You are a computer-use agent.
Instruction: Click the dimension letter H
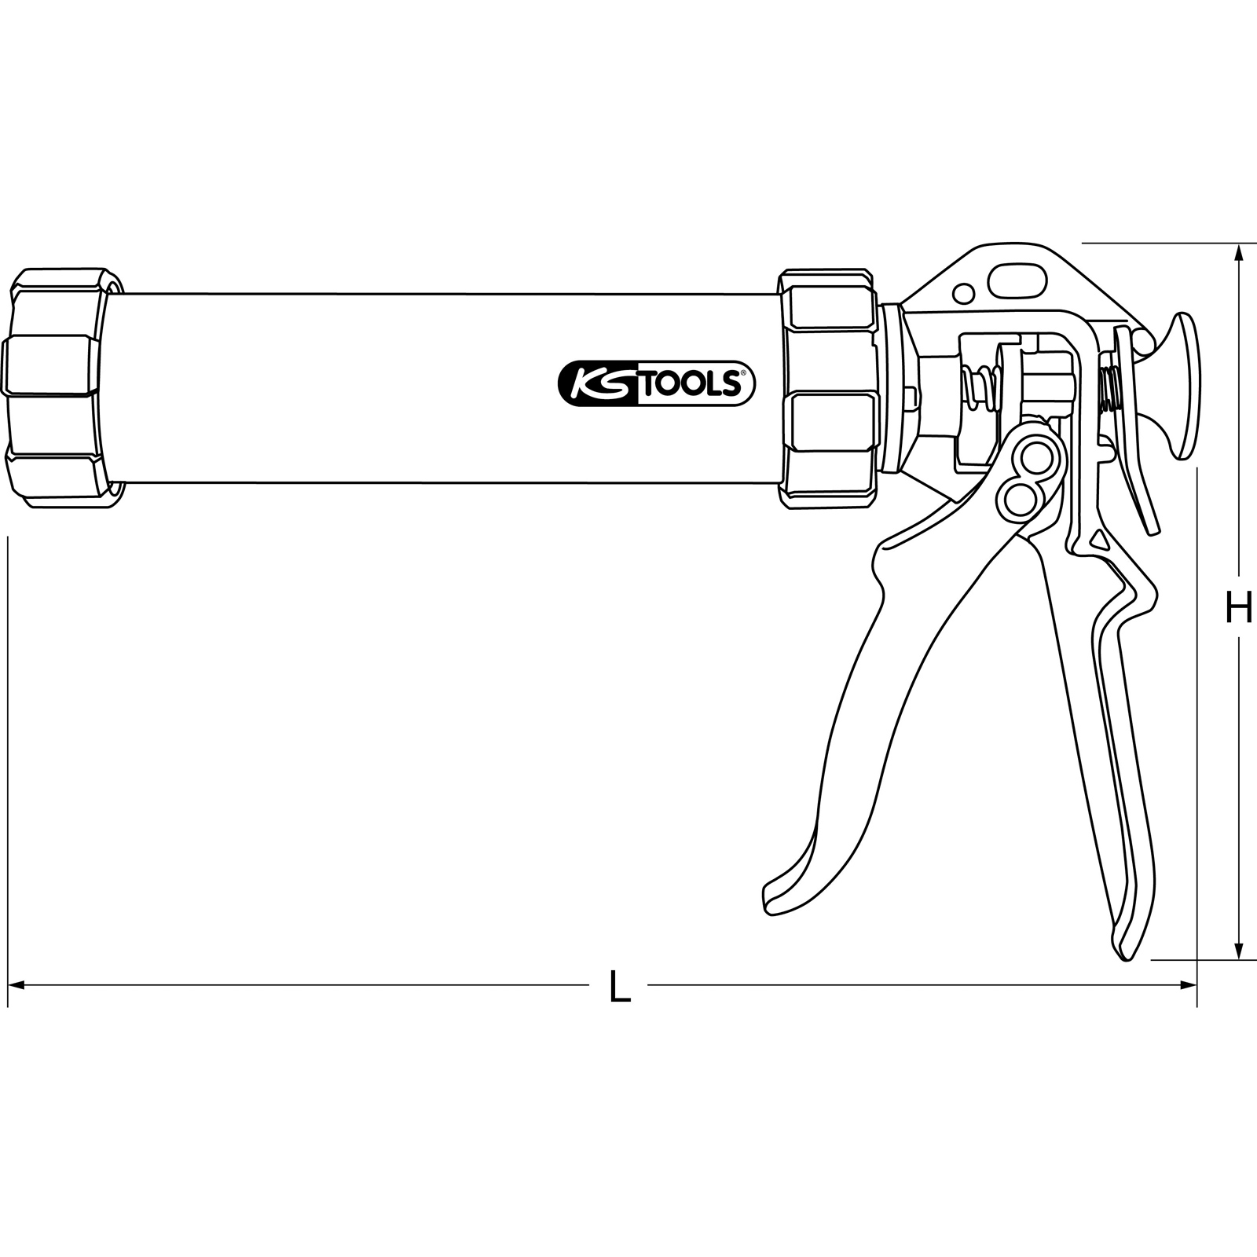(x=1239, y=608)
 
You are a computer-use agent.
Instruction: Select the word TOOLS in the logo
(x=689, y=384)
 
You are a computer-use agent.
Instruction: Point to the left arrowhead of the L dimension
(x=17, y=985)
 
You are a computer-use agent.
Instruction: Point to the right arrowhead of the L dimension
(x=1186, y=985)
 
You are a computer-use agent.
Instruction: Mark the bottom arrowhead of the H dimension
(x=1240, y=949)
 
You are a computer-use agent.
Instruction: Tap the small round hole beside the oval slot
(x=962, y=294)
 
